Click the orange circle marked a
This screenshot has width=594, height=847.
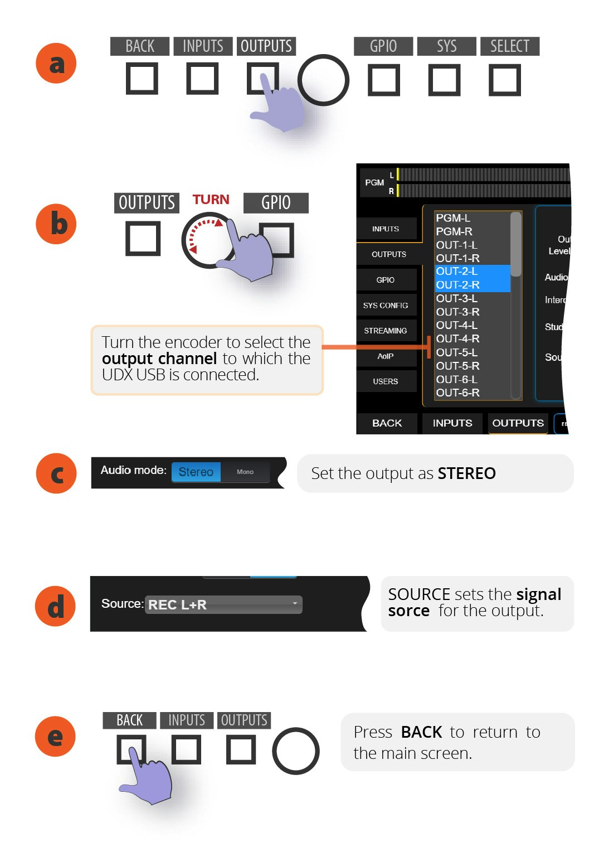(56, 64)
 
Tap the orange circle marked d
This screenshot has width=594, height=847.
(55, 606)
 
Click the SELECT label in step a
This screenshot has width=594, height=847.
(509, 46)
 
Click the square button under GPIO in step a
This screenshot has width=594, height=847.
(383, 80)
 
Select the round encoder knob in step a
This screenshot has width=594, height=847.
(323, 80)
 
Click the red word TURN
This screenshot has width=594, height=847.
(211, 200)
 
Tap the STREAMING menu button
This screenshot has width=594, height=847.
(386, 331)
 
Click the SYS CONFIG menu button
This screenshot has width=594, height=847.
(386, 306)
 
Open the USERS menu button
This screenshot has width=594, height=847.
(386, 381)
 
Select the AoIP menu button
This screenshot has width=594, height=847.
(386, 356)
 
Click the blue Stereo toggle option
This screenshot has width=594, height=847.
(196, 472)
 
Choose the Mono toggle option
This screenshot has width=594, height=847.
(245, 472)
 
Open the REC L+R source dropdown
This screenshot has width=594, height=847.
(223, 605)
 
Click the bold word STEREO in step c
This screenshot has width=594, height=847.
(466, 473)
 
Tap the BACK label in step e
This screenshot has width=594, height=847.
(129, 720)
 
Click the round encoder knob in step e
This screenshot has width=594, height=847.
(295, 751)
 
